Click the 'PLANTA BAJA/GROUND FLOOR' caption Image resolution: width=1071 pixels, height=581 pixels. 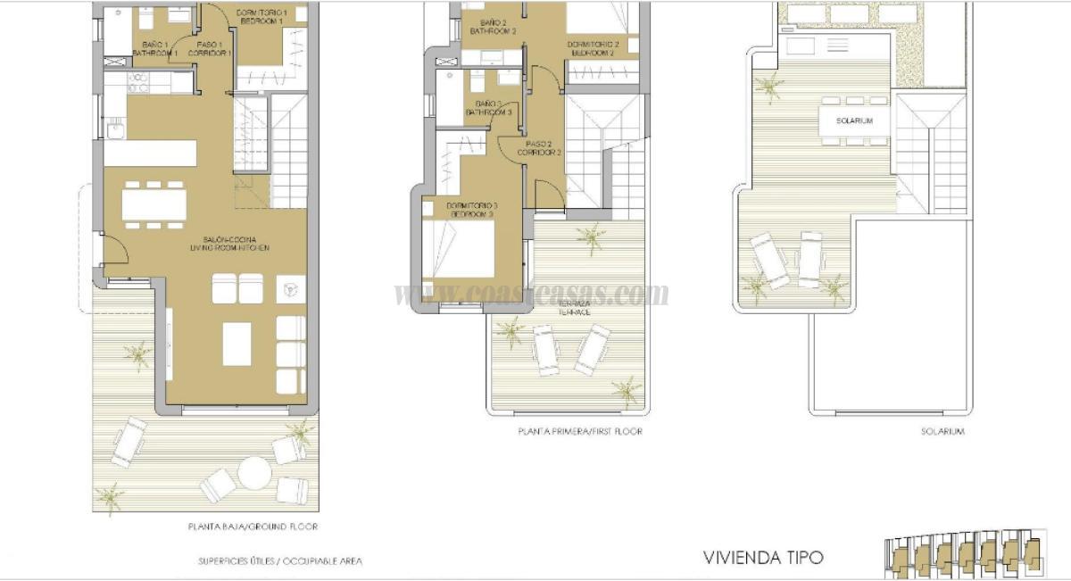[253, 527]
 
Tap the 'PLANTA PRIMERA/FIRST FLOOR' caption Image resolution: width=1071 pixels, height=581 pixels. [580, 431]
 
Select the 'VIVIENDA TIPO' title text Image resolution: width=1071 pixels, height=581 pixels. [763, 558]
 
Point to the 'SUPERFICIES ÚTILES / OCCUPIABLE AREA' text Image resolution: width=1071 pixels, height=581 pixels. [280, 561]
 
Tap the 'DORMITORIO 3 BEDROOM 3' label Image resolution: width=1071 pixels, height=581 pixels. [471, 211]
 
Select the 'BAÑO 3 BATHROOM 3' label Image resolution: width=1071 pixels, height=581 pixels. [487, 109]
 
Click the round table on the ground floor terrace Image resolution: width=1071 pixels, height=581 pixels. [253, 472]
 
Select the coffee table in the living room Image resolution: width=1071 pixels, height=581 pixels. [238, 344]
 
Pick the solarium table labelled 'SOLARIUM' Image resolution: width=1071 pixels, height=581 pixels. [854, 120]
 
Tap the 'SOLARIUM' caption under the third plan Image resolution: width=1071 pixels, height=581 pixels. [942, 431]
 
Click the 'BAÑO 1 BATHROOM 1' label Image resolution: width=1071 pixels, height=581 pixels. [154, 48]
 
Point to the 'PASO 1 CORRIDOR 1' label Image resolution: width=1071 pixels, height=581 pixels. [208, 48]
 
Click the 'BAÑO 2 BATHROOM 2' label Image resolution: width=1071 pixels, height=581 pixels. [497, 27]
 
